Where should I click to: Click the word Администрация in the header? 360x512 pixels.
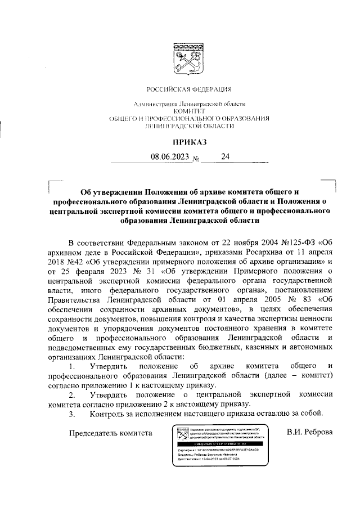point(154,104)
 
